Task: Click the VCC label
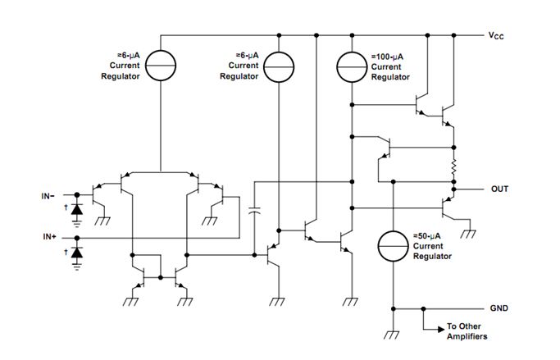pyautogui.click(x=496, y=36)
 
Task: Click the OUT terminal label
pyautogui.click(x=499, y=189)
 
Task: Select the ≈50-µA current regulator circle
pyautogui.click(x=393, y=246)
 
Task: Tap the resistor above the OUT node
pyautogui.click(x=453, y=168)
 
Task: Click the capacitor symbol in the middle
pyautogui.click(x=253, y=211)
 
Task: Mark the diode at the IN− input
pyautogui.click(x=77, y=209)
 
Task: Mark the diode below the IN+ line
pyautogui.click(x=77, y=253)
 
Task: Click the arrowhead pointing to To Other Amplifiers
pyautogui.click(x=439, y=326)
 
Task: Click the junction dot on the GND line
pyautogui.click(x=422, y=308)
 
